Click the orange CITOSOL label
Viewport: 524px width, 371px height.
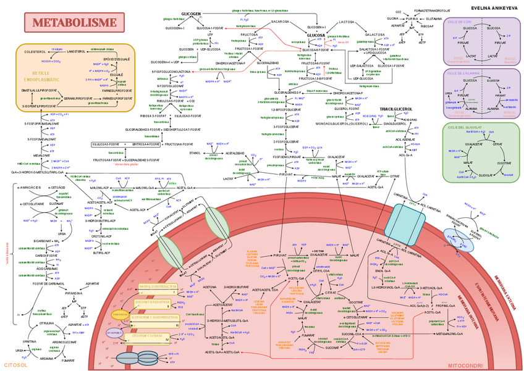tap(15, 365)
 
